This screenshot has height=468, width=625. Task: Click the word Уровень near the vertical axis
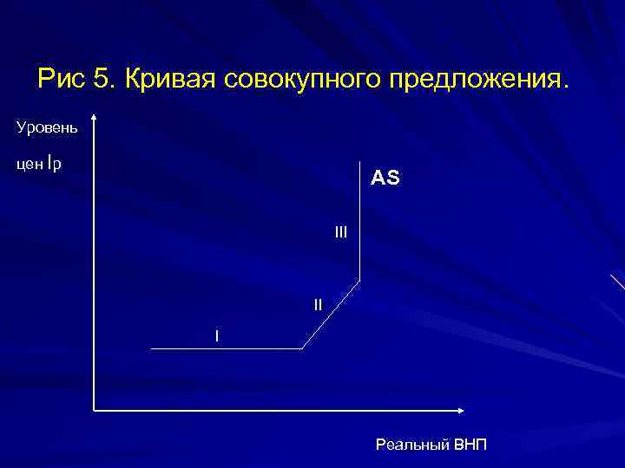pos(47,128)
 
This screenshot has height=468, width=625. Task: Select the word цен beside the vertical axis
pos(29,164)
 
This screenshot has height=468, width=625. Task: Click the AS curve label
pos(385,179)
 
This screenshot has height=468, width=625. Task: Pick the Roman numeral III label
pos(340,231)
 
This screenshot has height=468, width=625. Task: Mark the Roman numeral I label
pos(217,335)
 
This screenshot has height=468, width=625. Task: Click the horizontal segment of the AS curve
pos(226,348)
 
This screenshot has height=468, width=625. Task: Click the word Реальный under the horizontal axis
pos(413,445)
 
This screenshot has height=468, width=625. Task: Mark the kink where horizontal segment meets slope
pos(301,348)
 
